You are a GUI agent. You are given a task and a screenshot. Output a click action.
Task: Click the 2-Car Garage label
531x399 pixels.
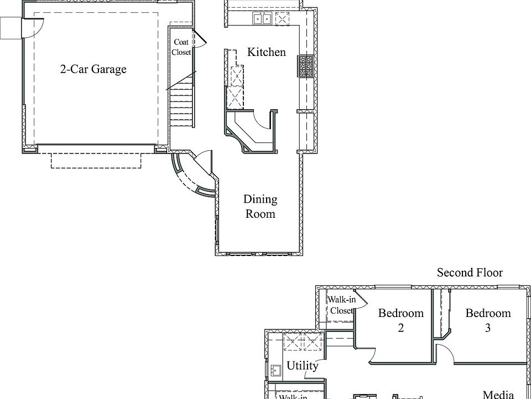point(93,69)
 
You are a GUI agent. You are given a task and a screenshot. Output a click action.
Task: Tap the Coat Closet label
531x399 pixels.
point(181,47)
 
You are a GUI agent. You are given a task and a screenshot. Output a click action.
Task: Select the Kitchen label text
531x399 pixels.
point(267,52)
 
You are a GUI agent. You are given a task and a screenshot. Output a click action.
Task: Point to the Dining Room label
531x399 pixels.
point(260,206)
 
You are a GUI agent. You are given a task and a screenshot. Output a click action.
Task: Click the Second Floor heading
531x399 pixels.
point(470,272)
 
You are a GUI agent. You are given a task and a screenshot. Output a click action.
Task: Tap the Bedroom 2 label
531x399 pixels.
point(401,320)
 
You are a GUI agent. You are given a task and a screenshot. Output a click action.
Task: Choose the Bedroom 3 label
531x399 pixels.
point(488,320)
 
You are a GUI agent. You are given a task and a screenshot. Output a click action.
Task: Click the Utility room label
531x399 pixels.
point(303,366)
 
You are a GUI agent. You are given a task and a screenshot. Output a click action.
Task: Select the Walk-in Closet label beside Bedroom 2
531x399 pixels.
point(341,305)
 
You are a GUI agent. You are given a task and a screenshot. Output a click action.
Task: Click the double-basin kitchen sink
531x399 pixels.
point(262,18)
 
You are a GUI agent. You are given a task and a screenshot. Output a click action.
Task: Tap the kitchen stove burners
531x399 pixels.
point(305,66)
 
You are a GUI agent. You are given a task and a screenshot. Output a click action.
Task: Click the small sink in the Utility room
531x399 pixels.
point(276,370)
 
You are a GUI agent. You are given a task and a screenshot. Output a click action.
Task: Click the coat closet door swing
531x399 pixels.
point(200,38)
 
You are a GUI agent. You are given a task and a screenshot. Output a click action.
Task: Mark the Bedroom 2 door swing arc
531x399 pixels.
point(372,356)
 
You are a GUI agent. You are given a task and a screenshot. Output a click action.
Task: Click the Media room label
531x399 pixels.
point(498,395)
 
